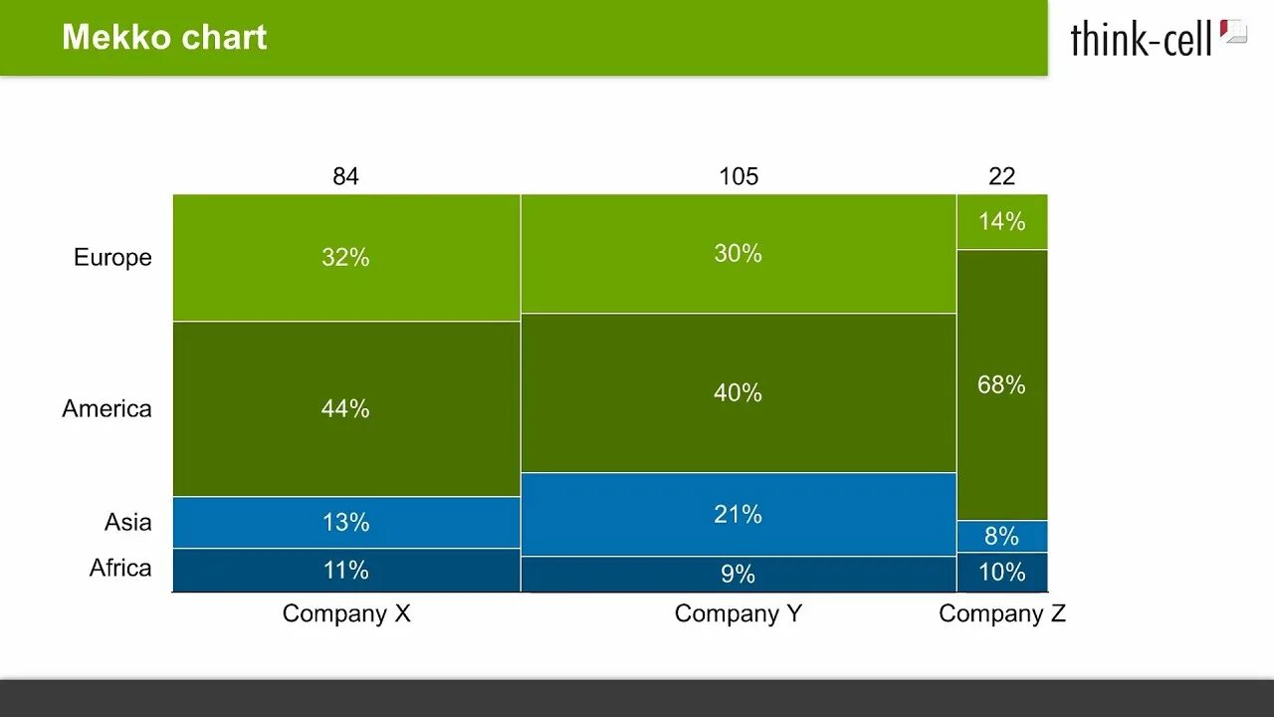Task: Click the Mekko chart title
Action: pos(164,38)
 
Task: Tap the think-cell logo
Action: pos(1157,38)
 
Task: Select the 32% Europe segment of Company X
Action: pos(345,257)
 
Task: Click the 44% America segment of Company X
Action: pos(345,408)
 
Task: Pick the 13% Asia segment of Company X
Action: pos(345,522)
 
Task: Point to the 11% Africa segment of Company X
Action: pos(345,570)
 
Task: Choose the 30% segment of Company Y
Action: pos(738,253)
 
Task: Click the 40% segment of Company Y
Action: pos(738,392)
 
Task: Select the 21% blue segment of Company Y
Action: pos(738,514)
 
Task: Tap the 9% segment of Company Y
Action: pos(738,574)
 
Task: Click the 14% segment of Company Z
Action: pos(1001,221)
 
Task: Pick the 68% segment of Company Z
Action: pos(1001,384)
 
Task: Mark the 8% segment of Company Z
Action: pos(1001,536)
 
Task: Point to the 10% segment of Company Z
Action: pos(1001,572)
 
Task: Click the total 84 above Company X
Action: pos(345,176)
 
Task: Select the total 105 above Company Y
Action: pos(738,176)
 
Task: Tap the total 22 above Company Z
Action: pos(1001,176)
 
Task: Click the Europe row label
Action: pos(112,257)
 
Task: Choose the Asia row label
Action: pos(127,522)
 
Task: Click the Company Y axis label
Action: pos(738,613)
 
